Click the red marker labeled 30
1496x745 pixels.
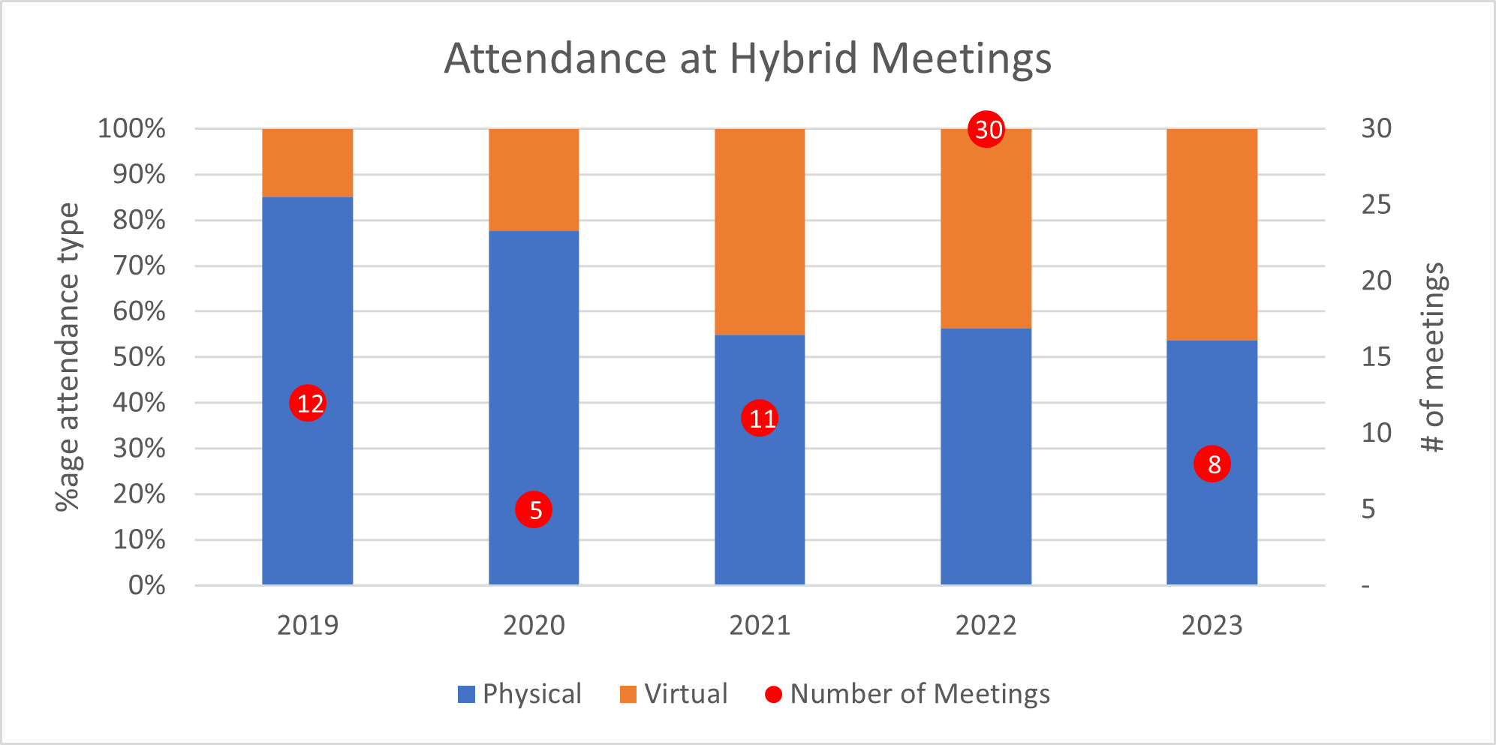(x=986, y=129)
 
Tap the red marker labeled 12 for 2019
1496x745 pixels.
(x=308, y=404)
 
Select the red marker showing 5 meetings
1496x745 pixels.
(x=534, y=510)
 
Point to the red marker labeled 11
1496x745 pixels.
(x=760, y=418)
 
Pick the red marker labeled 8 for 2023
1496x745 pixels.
(x=1212, y=464)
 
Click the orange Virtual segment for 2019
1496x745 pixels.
(x=308, y=163)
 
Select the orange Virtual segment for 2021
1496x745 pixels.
(x=760, y=232)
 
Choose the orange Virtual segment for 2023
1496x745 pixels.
(x=1212, y=234)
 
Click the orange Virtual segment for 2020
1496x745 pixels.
(x=534, y=180)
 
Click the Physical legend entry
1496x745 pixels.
(x=519, y=694)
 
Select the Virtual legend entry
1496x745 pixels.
(x=674, y=694)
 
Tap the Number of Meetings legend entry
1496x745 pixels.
(x=908, y=694)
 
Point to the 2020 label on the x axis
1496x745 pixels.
(x=534, y=626)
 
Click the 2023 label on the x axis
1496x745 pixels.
(x=1212, y=626)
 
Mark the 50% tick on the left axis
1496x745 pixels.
(x=140, y=357)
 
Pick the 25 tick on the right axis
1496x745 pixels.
(x=1376, y=205)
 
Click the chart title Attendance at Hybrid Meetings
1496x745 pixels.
(x=748, y=59)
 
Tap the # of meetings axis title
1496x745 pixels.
(x=1433, y=357)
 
